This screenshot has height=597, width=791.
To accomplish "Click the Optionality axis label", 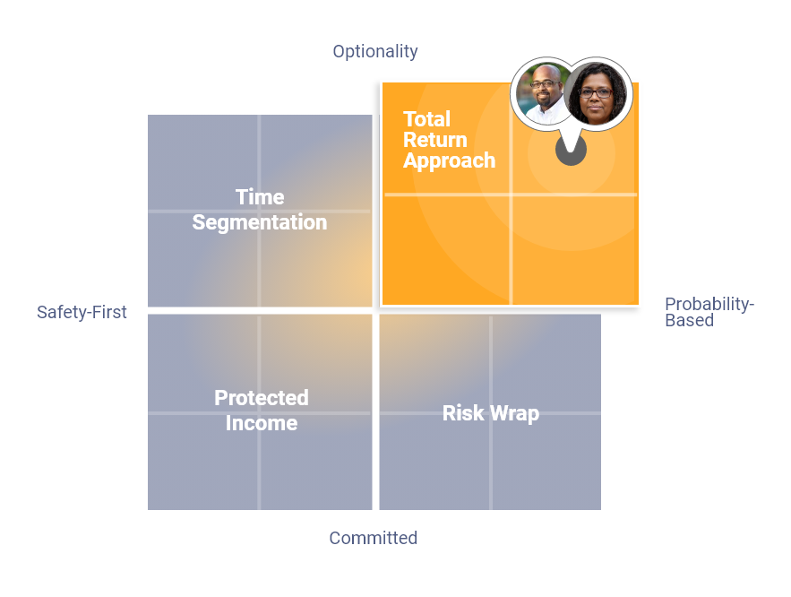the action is point(375,51).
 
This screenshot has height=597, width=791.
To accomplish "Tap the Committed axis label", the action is point(374,538).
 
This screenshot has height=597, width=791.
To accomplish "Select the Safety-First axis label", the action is point(82,312).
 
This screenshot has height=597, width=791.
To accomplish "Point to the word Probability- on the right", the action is point(709,304).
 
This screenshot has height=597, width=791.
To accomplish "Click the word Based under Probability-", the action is point(689,320).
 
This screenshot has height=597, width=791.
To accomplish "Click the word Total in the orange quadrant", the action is point(426,119).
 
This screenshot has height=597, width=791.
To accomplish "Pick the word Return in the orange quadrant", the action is point(434,140).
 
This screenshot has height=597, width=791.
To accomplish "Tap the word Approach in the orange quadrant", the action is point(449,161).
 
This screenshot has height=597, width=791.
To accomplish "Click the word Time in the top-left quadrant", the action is point(260,197).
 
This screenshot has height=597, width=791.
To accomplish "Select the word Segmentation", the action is point(260,222).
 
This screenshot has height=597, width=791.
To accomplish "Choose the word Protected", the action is point(262,398).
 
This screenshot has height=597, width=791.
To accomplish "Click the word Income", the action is point(262,423).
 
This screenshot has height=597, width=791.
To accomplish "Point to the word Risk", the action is point(463,413).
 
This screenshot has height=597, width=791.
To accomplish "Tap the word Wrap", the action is point(514,414).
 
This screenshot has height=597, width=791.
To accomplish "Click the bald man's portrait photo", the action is point(543,94).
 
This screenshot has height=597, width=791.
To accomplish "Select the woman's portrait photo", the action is point(596,94).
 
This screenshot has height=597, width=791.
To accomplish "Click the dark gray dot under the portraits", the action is point(571,151).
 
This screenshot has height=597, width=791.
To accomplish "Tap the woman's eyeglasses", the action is point(596,93).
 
